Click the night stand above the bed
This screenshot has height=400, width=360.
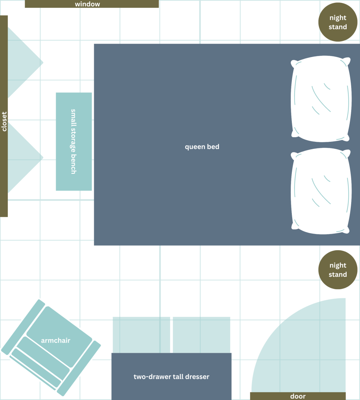pyautogui.click(x=337, y=22)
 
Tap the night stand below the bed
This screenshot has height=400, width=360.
pyautogui.click(x=337, y=270)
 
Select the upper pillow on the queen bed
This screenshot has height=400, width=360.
pyautogui.click(x=321, y=99)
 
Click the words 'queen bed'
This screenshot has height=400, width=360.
pyautogui.click(x=202, y=147)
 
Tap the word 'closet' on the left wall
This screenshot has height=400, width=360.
pyautogui.click(x=4, y=121)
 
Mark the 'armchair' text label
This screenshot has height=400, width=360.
pyautogui.click(x=56, y=341)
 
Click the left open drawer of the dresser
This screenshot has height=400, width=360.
pyautogui.click(x=141, y=335)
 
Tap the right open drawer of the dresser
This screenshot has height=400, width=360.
pyautogui.click(x=201, y=335)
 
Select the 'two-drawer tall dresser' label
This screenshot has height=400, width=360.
pyautogui.click(x=171, y=377)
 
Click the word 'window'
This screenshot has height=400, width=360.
pyautogui.click(x=87, y=4)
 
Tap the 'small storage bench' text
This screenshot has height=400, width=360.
pyautogui.click(x=73, y=141)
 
